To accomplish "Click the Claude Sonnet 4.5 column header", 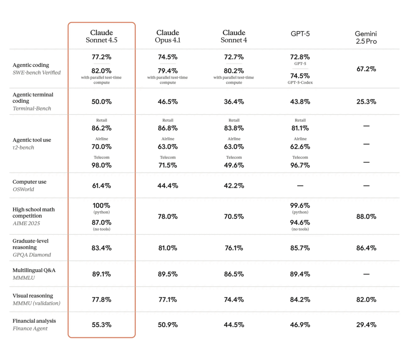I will click(101, 36).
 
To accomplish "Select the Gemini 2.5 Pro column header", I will click(366, 38).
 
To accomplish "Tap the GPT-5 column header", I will click(300, 34).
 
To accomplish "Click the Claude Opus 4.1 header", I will click(168, 36).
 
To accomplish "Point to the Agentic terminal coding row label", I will click(33, 101).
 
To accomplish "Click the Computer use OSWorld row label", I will click(30, 185).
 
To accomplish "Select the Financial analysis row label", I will click(34, 324).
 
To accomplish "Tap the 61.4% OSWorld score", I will click(101, 186).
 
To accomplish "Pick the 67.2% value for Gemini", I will click(366, 69).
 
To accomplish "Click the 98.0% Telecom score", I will click(101, 165).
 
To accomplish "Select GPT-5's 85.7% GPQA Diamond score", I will click(300, 248).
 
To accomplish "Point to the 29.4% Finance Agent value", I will click(366, 325).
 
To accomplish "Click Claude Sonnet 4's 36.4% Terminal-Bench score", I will click(234, 102).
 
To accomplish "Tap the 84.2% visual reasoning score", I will click(300, 300).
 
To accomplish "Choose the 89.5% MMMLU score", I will click(168, 274).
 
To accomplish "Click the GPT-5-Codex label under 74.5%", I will click(300, 83).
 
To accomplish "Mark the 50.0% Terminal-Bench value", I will click(101, 102).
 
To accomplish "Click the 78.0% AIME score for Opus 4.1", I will click(168, 216).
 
